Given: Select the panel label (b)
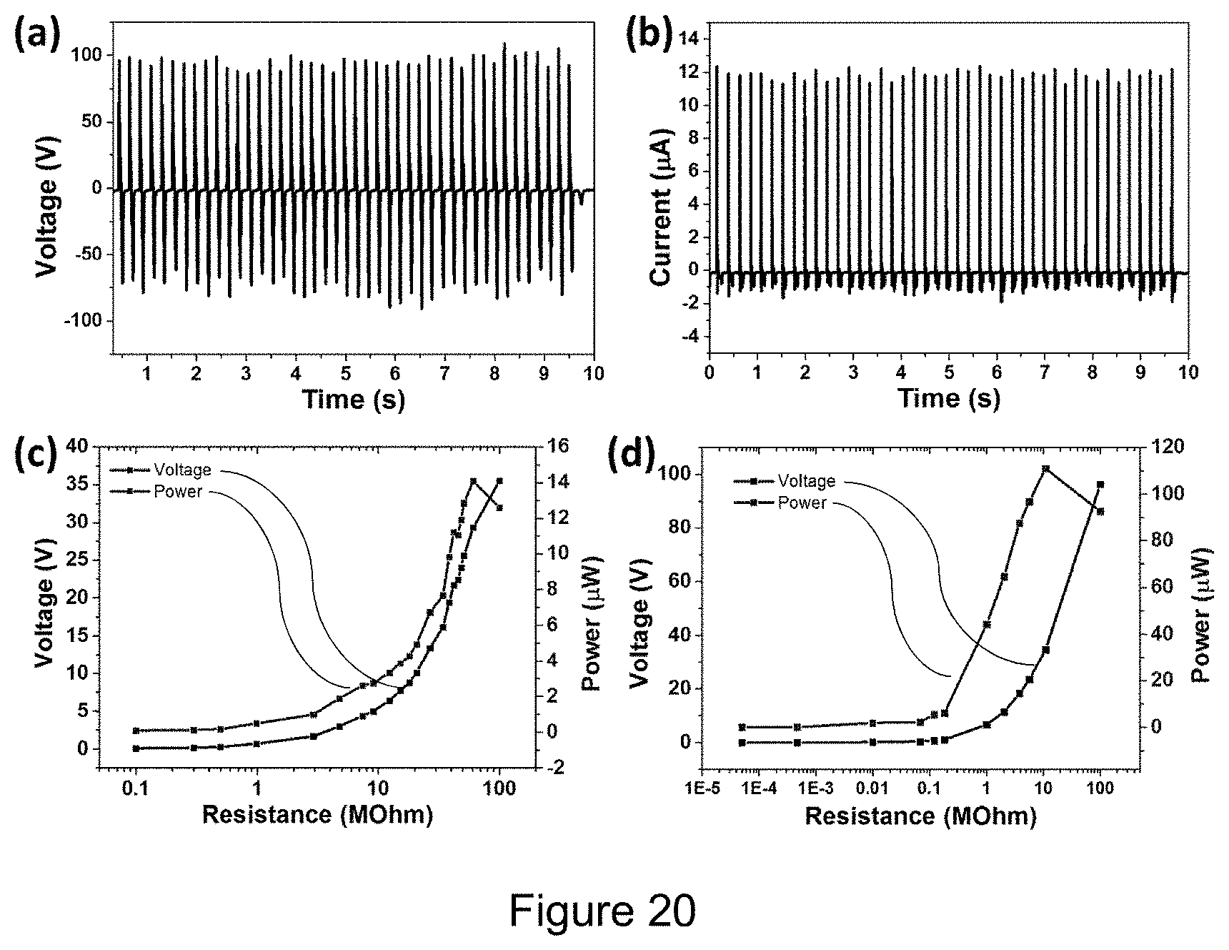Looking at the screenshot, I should (x=649, y=36).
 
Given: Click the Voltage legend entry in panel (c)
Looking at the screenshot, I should (x=182, y=470).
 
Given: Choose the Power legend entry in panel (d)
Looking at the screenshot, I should (x=802, y=503).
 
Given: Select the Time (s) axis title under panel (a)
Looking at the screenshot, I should (x=353, y=398).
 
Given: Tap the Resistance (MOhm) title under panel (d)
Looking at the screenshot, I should (x=920, y=816).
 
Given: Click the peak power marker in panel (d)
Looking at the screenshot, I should (x=1045, y=469).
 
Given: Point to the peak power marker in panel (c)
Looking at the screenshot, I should (x=473, y=481).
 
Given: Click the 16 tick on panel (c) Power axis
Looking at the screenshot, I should (x=559, y=447).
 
